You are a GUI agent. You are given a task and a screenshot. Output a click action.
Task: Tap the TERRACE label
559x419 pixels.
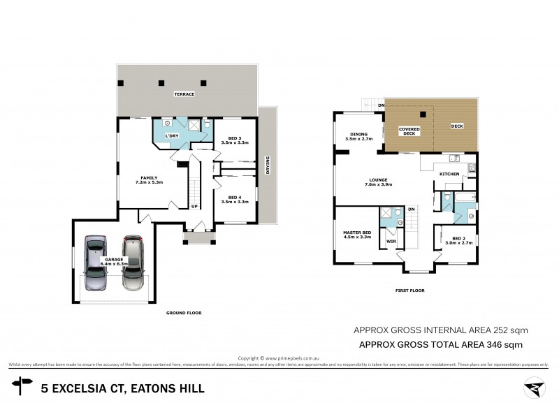point(184,93)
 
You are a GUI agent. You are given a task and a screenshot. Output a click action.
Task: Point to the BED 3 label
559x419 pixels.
point(234,139)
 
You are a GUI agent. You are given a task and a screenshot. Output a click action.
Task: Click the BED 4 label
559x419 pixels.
point(234,198)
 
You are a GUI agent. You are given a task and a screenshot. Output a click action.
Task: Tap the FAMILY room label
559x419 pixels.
point(149,178)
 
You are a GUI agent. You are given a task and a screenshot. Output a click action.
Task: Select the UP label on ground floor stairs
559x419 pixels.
point(194,206)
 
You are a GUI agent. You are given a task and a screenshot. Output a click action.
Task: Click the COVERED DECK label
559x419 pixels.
point(409,131)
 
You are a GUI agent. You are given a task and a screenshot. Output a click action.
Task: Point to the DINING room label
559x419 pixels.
point(359,136)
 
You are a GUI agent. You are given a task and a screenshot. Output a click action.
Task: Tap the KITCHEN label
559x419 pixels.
point(449,173)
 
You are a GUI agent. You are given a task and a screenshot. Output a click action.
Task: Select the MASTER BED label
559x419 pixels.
point(356,233)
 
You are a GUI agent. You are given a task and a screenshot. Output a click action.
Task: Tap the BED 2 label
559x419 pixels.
point(459,240)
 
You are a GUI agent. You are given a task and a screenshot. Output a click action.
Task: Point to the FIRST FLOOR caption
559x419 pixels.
point(409,290)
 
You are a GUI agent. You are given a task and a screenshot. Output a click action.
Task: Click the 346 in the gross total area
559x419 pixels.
point(498,344)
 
